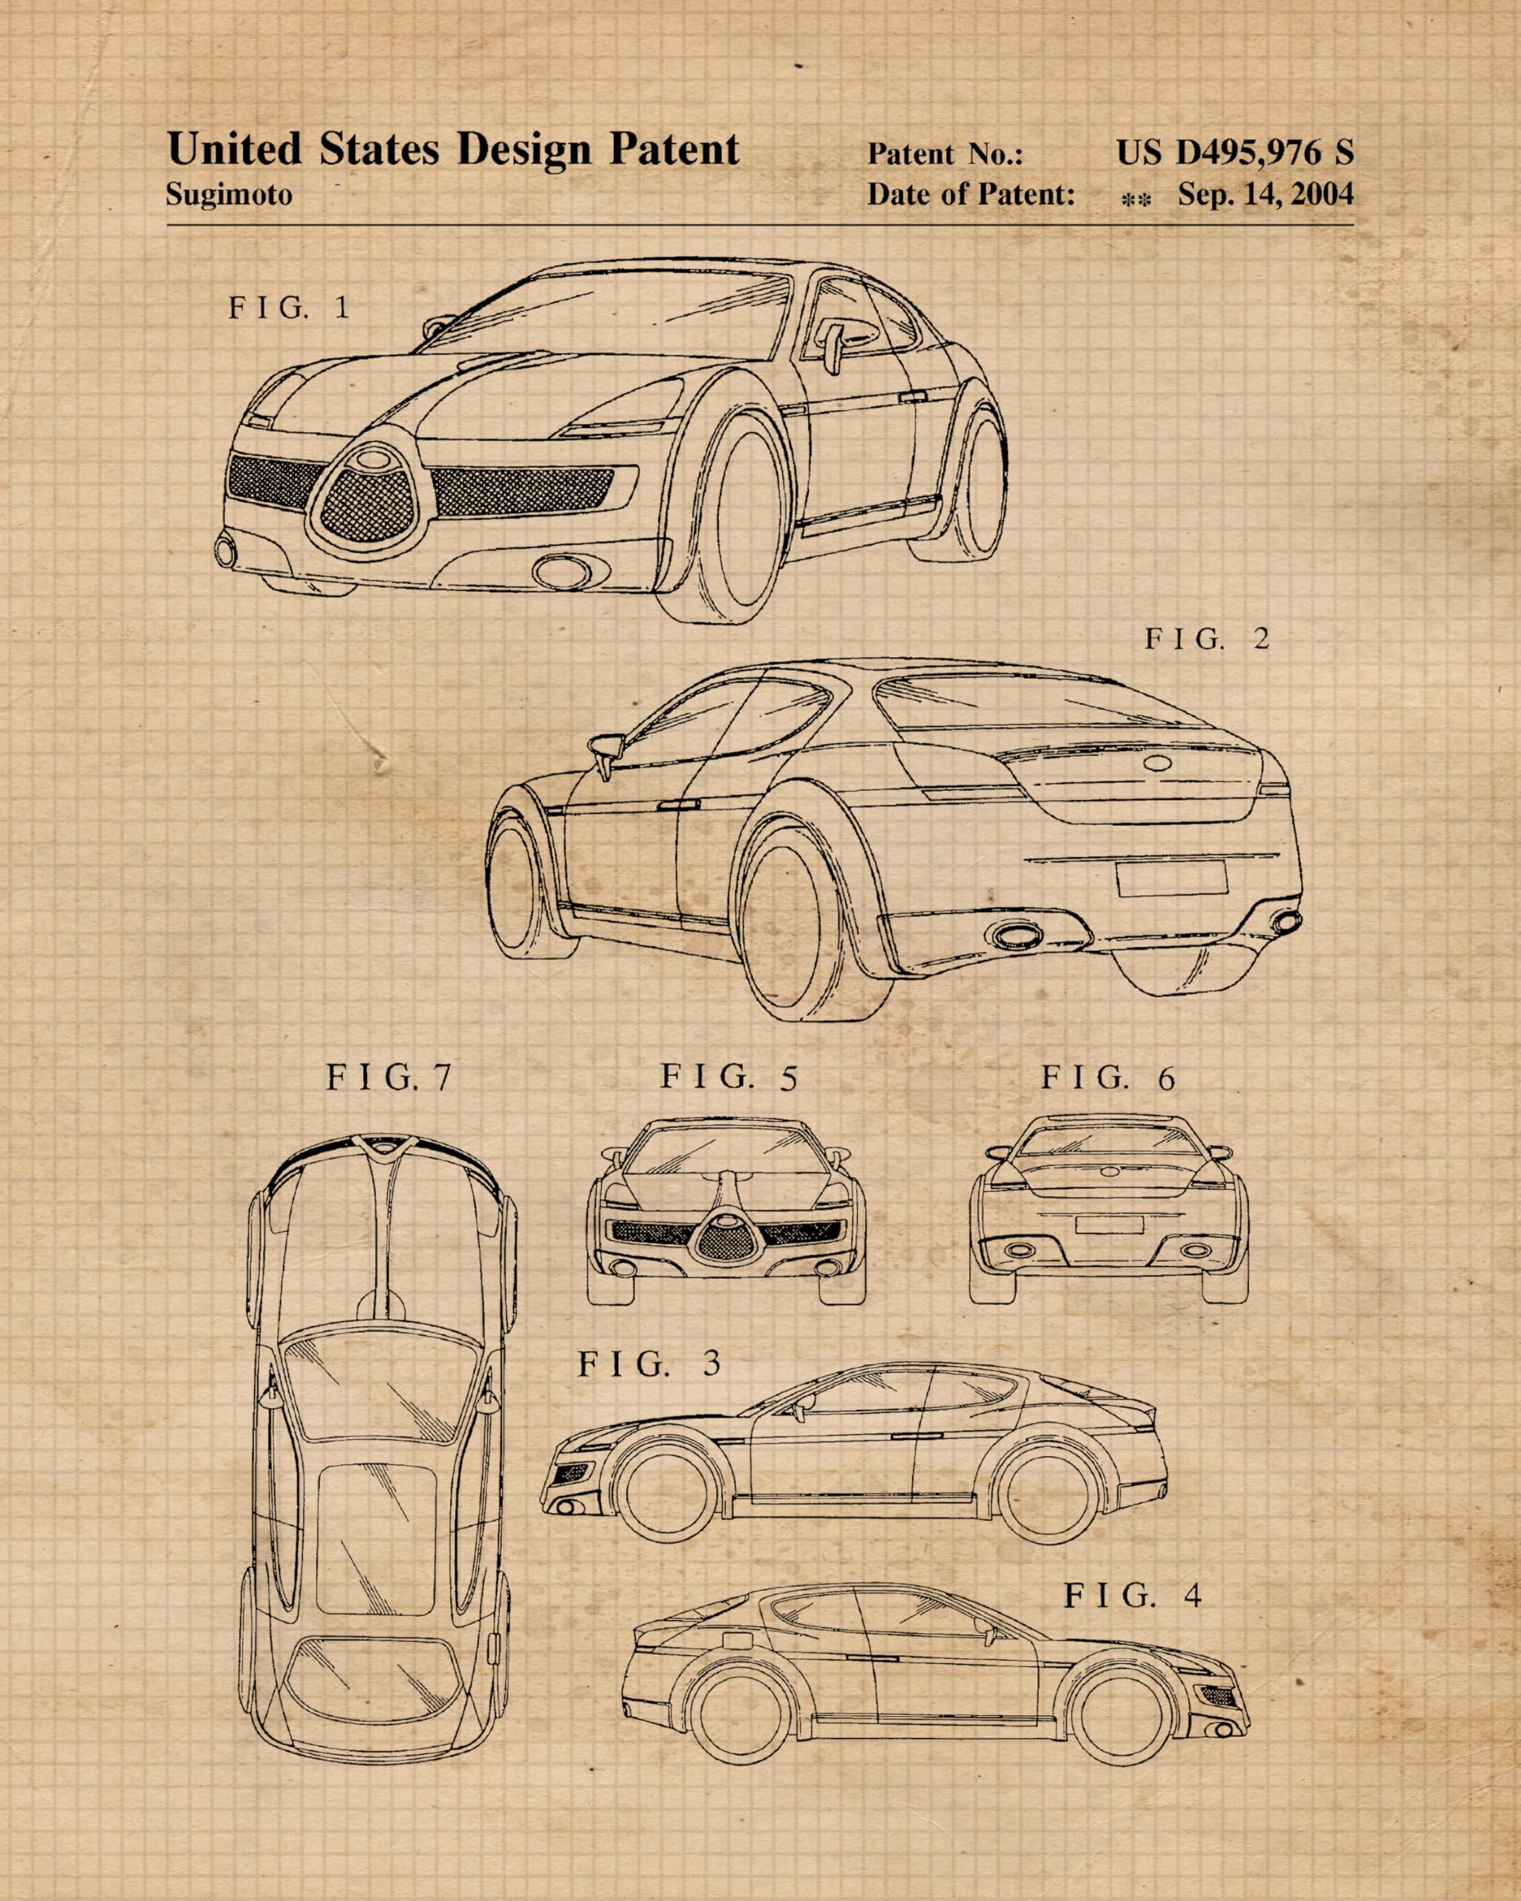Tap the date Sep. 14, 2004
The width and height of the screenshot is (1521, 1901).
coord(1266,194)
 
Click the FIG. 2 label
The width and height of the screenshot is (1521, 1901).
coord(1206,639)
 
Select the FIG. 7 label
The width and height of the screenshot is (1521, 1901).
coord(389,1077)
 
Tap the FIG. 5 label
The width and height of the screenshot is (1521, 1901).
coord(729,1077)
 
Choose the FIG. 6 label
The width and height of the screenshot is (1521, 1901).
coord(1107,1077)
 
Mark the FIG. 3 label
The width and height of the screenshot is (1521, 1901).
coord(649,1364)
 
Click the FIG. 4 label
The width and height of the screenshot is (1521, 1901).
coord(1132,1594)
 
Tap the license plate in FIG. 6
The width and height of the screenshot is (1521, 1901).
coord(1108,1225)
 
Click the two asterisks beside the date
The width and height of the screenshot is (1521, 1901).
coord(1136,201)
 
